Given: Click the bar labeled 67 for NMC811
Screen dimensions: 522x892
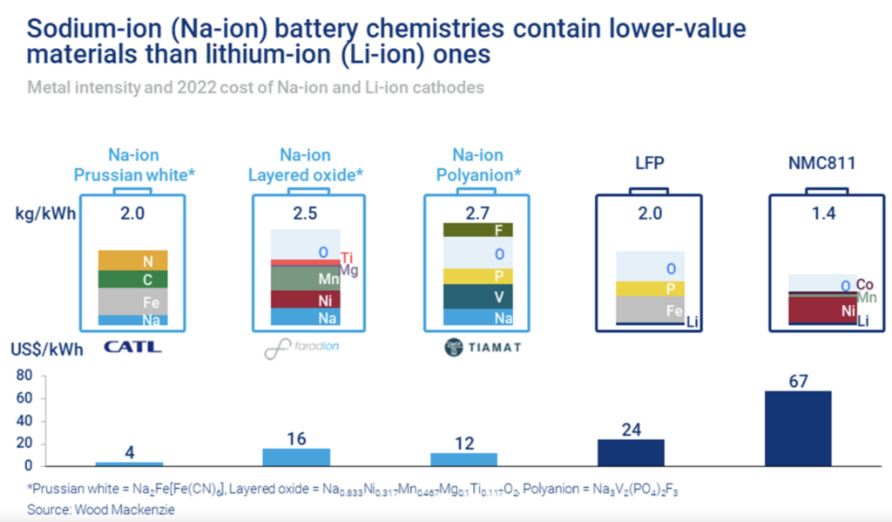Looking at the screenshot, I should coord(797,428).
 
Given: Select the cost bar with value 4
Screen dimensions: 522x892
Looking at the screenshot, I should coord(129,463).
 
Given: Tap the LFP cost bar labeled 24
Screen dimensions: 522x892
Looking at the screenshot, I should coord(631,451).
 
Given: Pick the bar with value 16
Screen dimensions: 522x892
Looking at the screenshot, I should coord(296,457).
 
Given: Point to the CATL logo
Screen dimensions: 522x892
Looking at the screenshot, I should coord(132,347).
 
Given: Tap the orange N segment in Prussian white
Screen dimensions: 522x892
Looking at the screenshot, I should coord(132,260).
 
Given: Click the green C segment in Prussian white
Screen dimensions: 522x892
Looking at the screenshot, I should coord(132,279).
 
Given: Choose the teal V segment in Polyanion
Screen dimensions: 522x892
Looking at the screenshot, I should coord(478,297).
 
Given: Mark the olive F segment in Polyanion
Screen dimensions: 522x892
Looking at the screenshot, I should coord(478,230).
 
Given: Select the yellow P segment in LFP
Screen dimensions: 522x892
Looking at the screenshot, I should coord(649,288).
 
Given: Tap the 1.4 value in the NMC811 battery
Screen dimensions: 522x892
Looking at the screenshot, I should coord(821,211).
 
